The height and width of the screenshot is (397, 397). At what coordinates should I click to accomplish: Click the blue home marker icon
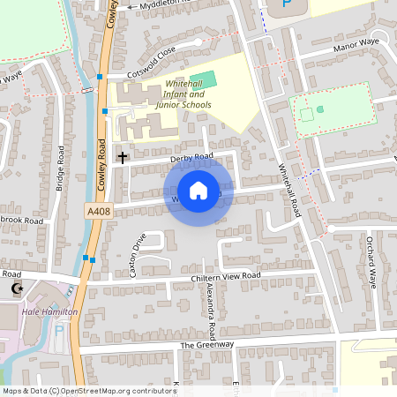tap(198, 191)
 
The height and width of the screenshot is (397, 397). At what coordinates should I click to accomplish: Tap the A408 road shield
tap(99, 212)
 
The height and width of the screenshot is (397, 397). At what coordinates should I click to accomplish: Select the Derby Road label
tap(192, 157)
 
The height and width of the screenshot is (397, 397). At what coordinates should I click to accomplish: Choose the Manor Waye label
tap(356, 53)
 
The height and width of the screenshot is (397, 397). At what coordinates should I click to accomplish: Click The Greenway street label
tap(207, 345)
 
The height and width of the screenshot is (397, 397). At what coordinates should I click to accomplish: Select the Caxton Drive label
tap(138, 256)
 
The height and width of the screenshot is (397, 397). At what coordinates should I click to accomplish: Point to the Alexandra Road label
tap(212, 312)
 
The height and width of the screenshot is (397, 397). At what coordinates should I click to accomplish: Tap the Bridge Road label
tap(60, 167)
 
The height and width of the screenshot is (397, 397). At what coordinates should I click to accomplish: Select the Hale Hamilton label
tap(50, 312)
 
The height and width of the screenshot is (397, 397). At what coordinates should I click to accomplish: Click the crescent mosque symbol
tap(15, 288)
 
